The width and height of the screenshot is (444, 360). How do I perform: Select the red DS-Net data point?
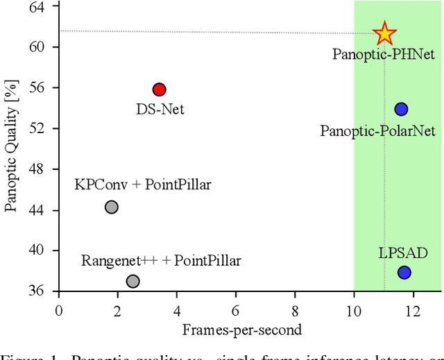point(159,89)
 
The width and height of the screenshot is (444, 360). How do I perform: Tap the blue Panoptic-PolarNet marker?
point(401,109)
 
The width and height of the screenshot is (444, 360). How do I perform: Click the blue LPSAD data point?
point(404,273)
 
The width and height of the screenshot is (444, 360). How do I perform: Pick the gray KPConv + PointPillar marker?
point(111,207)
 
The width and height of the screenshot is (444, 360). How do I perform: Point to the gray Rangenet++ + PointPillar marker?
point(133,281)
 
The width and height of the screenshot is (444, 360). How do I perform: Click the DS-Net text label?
point(160,109)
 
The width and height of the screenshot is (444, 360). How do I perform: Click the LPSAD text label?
point(403,252)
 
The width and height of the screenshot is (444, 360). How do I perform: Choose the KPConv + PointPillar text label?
point(142,185)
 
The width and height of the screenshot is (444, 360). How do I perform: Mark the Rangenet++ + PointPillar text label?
point(161,261)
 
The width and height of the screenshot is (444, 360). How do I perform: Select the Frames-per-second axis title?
point(241,329)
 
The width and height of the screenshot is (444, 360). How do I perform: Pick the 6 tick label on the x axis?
point(236,309)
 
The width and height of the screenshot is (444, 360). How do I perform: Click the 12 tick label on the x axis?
point(413,309)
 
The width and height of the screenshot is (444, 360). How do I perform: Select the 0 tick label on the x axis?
point(59,309)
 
